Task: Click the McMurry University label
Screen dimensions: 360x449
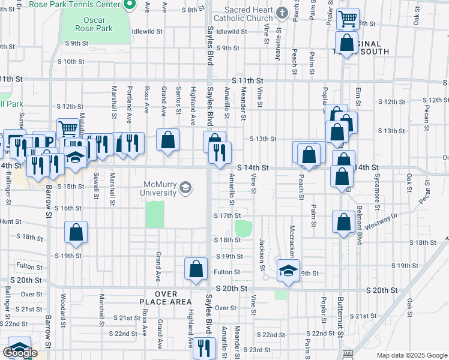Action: tap(160, 188)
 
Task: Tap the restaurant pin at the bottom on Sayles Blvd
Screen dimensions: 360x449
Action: tap(204, 347)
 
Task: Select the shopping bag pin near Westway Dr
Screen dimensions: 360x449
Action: tap(343, 222)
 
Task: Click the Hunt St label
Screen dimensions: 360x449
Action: tap(11, 221)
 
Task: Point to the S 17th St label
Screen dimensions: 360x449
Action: tap(228, 215)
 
